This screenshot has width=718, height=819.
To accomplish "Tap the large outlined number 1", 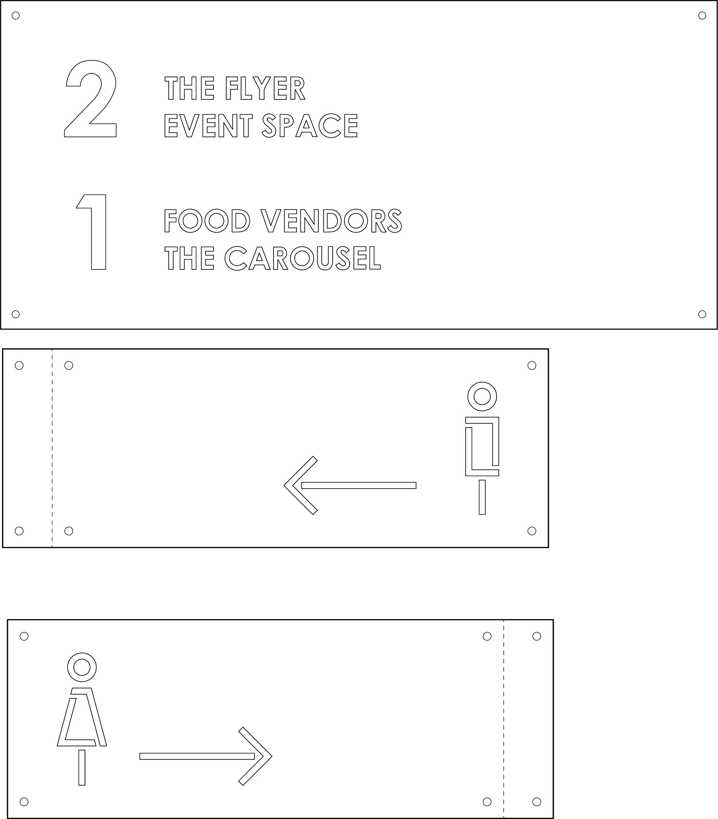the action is [x=99, y=232].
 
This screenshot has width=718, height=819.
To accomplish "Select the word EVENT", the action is [x=208, y=125].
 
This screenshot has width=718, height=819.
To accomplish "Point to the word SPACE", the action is [x=309, y=125].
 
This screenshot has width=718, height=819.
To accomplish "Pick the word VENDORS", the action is [x=332, y=221].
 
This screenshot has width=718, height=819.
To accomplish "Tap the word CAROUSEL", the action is [x=302, y=258].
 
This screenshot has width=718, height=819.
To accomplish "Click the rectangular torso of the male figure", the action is [x=496, y=441].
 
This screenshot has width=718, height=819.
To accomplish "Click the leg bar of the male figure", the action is [x=482, y=497].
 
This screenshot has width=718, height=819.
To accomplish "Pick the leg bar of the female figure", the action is [x=82, y=768].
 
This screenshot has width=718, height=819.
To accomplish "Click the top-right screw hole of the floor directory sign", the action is [x=702, y=16].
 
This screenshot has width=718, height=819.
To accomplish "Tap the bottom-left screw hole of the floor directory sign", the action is [x=16, y=314].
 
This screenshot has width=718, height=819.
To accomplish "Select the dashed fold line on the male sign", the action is [x=52, y=448].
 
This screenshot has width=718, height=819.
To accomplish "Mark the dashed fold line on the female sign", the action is [x=504, y=719].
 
